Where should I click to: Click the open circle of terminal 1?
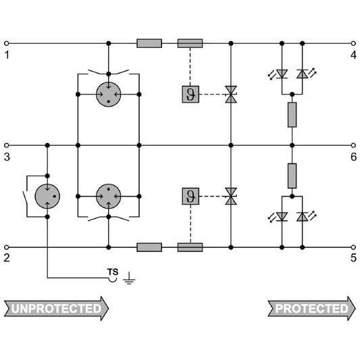pyautogui.click(x=7, y=43)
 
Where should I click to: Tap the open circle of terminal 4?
pyautogui.click(x=353, y=43)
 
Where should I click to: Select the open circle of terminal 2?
pyautogui.click(x=7, y=247)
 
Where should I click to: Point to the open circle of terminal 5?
pyautogui.click(x=353, y=247)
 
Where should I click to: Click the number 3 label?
pyautogui.click(x=7, y=157)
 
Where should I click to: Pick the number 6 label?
pyautogui.click(x=353, y=157)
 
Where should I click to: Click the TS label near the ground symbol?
pyautogui.click(x=113, y=272)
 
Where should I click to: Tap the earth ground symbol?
pyautogui.click(x=129, y=278)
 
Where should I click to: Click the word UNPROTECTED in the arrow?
pyautogui.click(x=56, y=309)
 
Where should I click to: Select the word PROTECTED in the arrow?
pyautogui.click(x=312, y=309)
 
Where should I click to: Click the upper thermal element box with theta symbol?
pyautogui.click(x=190, y=95)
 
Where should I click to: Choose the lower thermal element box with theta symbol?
pyautogui.click(x=190, y=197)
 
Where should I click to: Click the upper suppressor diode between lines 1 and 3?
pyautogui.click(x=231, y=95)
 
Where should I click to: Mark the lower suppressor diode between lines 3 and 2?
pyautogui.click(x=231, y=197)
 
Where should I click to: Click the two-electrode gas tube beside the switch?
pyautogui.click(x=47, y=197)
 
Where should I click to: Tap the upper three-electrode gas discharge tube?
pyautogui.click(x=109, y=95)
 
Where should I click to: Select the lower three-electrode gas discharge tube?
pyautogui.click(x=109, y=197)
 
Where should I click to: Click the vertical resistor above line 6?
pyautogui.click(x=292, y=115)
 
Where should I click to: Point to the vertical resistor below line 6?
pyautogui.click(x=292, y=176)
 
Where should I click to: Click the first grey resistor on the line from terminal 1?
pyautogui.click(x=149, y=43)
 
